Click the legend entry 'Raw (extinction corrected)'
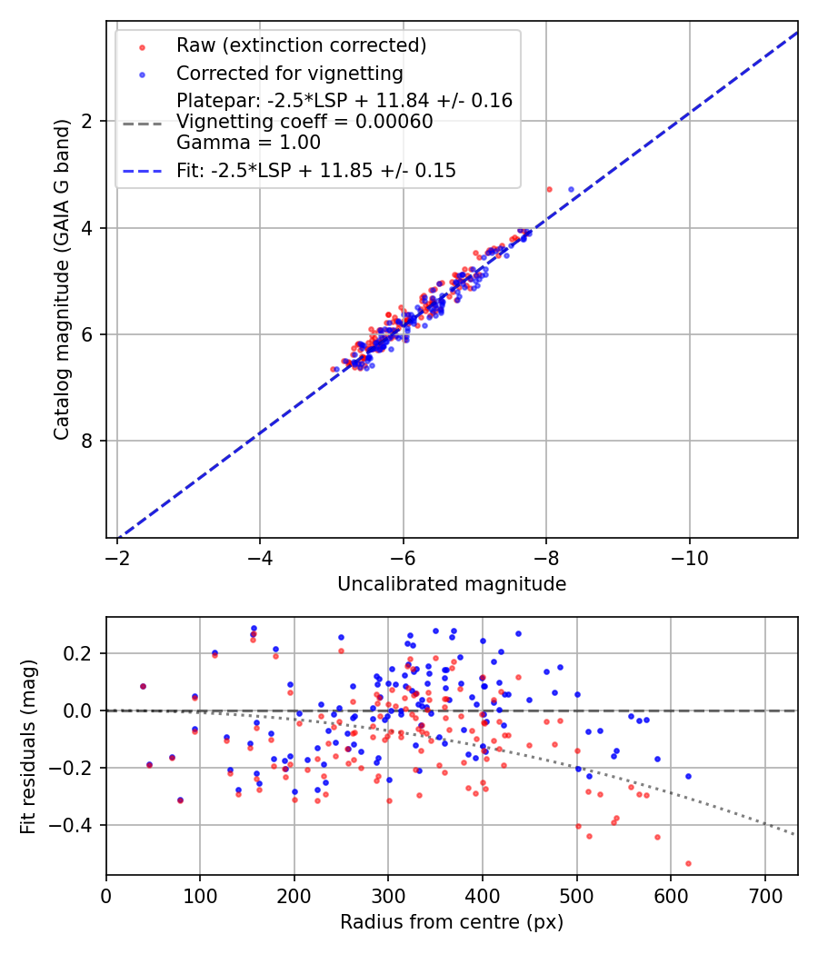tap(301, 45)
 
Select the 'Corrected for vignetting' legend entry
tap(289, 73)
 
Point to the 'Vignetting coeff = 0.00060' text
tap(304, 122)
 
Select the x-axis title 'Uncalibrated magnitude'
tap(452, 584)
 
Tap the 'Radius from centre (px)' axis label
tap(452, 922)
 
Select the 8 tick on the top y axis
tap(90, 442)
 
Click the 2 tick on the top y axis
tap(90, 121)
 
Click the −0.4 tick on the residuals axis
tap(76, 825)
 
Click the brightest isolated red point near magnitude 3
tap(549, 189)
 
